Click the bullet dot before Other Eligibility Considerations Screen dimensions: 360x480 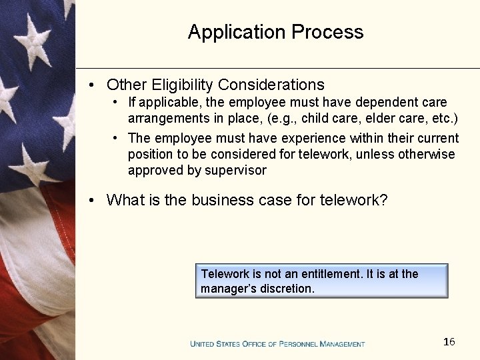click(94, 85)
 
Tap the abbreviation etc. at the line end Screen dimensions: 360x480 click(443, 119)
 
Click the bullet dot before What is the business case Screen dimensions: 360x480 click(94, 200)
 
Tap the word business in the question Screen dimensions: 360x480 click(219, 200)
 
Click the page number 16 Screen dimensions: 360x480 click(449, 342)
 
